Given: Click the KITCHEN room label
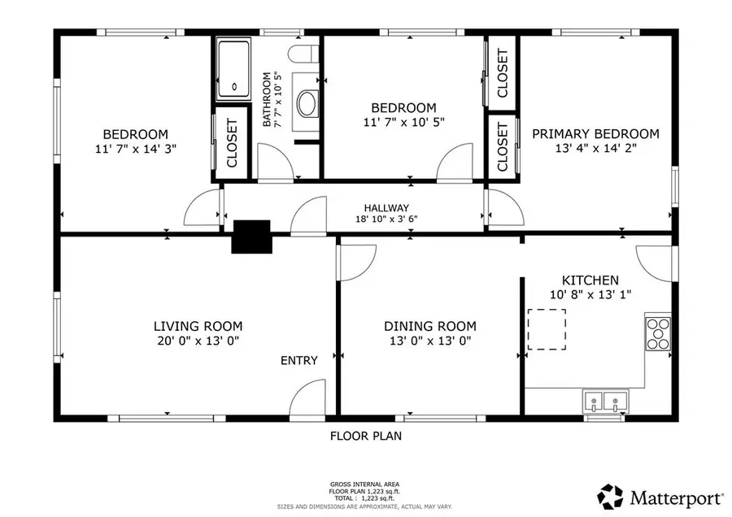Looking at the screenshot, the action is tap(590, 280).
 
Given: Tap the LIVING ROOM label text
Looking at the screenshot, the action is tap(198, 326).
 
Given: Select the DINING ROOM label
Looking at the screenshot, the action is tap(430, 326).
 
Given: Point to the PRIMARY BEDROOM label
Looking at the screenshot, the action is tap(595, 134).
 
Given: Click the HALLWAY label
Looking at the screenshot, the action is tap(386, 207).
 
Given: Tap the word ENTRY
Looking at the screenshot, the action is tap(298, 360).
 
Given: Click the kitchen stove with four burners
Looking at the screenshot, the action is tap(658, 333).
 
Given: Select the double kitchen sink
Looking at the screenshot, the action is tap(605, 402).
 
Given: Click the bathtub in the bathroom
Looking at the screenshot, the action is tap(233, 68).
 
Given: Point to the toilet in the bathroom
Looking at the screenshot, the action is tap(303, 54).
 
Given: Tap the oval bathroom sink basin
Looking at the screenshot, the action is tap(308, 103).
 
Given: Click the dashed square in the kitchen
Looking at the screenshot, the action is tap(547, 328).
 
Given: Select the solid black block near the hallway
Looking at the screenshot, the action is tap(251, 237).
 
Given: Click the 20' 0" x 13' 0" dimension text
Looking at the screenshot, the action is tap(198, 341).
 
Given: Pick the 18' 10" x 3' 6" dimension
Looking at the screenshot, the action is tap(386, 219).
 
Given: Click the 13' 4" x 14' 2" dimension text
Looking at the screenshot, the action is tap(595, 149).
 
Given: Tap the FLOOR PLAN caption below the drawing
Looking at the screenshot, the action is tap(366, 436).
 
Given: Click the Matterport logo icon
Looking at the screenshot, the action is tap(611, 497).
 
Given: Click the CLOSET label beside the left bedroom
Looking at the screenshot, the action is tap(232, 143).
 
